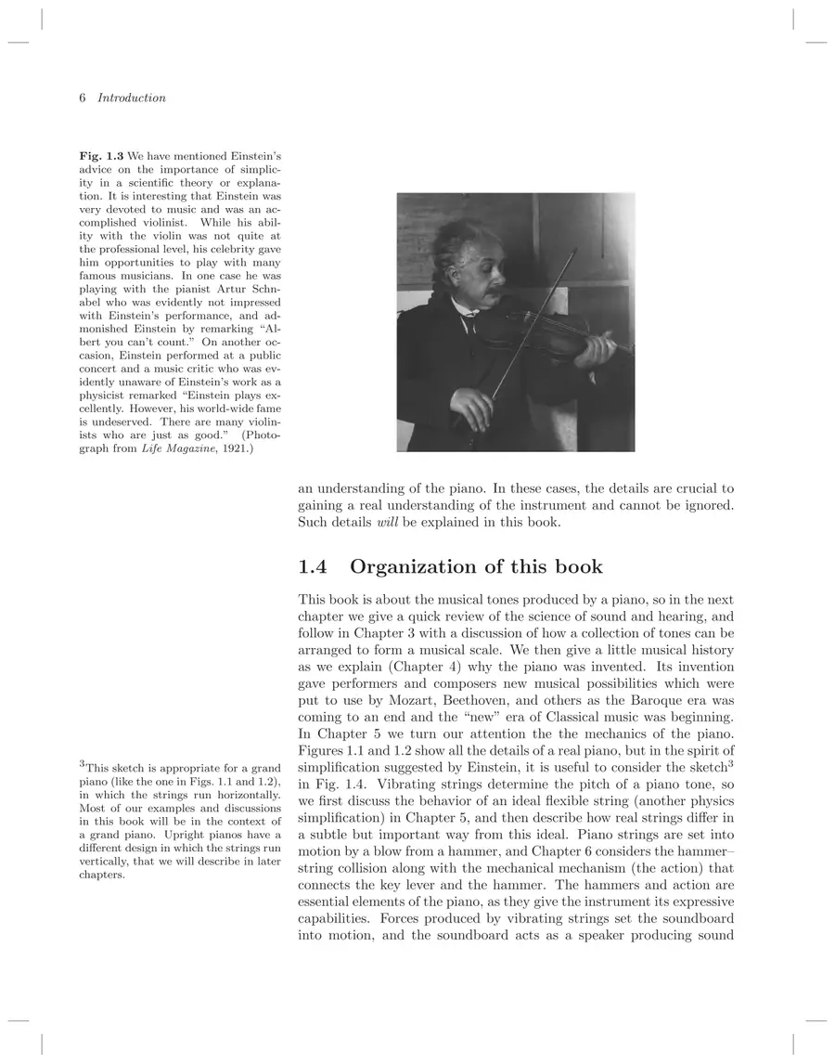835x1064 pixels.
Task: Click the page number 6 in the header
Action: (83, 97)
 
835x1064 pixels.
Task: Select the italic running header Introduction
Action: (132, 97)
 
